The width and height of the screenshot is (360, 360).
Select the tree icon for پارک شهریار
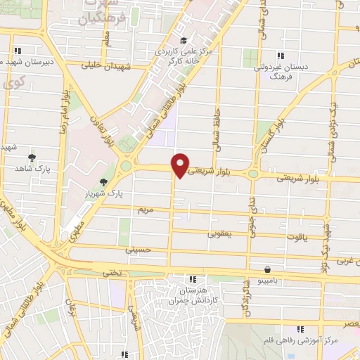(x=105, y=182)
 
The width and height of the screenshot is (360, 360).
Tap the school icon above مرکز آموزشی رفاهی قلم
(x=300, y=329)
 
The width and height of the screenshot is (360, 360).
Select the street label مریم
(x=145, y=210)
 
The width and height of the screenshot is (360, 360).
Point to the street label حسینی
(x=137, y=250)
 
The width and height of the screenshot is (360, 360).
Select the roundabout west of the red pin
(x=127, y=166)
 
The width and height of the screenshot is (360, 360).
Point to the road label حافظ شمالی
(x=219, y=127)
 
